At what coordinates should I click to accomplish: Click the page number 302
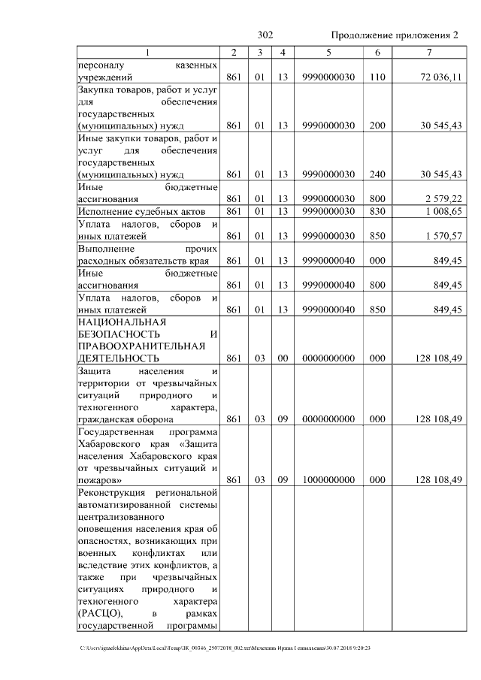tap(265, 35)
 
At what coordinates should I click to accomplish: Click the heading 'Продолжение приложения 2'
tap(394, 35)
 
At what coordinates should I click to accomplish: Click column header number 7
tap(428, 53)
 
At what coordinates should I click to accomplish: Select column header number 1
tap(147, 53)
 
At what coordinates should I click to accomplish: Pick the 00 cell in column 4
tap(283, 358)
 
